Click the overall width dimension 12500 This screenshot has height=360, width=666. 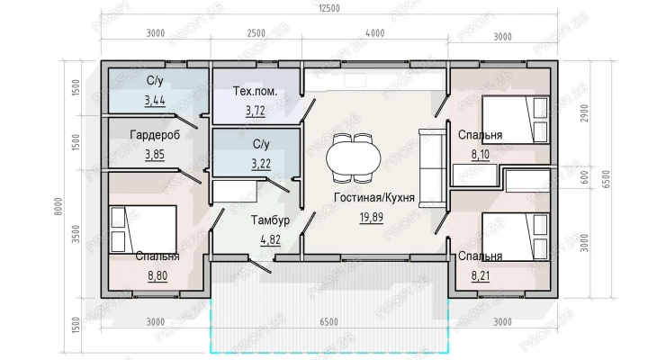click(328, 8)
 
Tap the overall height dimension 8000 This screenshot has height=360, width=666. click(58, 206)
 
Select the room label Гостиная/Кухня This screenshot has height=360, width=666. click(374, 198)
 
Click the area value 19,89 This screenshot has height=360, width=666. click(371, 218)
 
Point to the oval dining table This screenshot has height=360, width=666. click(354, 157)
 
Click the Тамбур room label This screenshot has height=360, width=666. click(270, 220)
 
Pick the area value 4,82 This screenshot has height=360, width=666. click(270, 240)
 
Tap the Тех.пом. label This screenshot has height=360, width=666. click(255, 91)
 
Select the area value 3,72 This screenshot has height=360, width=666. click(256, 111)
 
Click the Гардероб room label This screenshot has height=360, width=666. click(155, 135)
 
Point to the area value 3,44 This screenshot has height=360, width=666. click(155, 101)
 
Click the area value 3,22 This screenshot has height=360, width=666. click(261, 164)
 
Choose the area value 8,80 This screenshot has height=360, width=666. click(157, 276)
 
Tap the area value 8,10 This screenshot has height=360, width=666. click(480, 155)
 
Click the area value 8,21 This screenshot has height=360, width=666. click(481, 276)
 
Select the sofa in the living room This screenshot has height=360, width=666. click(432, 168)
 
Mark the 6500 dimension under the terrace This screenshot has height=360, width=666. click(328, 322)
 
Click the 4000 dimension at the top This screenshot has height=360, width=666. click(374, 33)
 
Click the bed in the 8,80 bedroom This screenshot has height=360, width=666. click(143, 229)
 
